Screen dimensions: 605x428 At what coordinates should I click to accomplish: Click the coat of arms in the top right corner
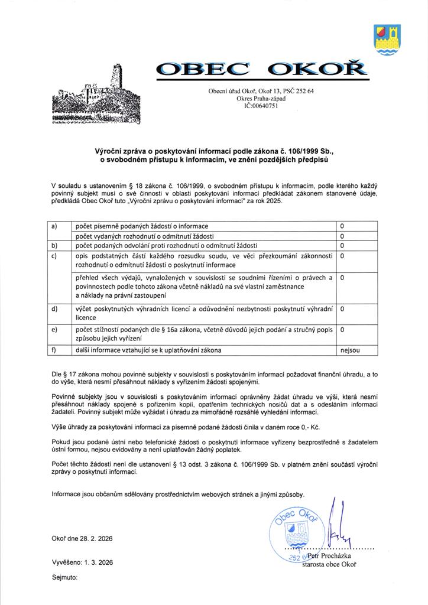pos(388,40)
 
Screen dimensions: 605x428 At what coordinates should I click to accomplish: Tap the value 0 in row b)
pos(342,245)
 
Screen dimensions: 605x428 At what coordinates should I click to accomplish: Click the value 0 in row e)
pos(342,330)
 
